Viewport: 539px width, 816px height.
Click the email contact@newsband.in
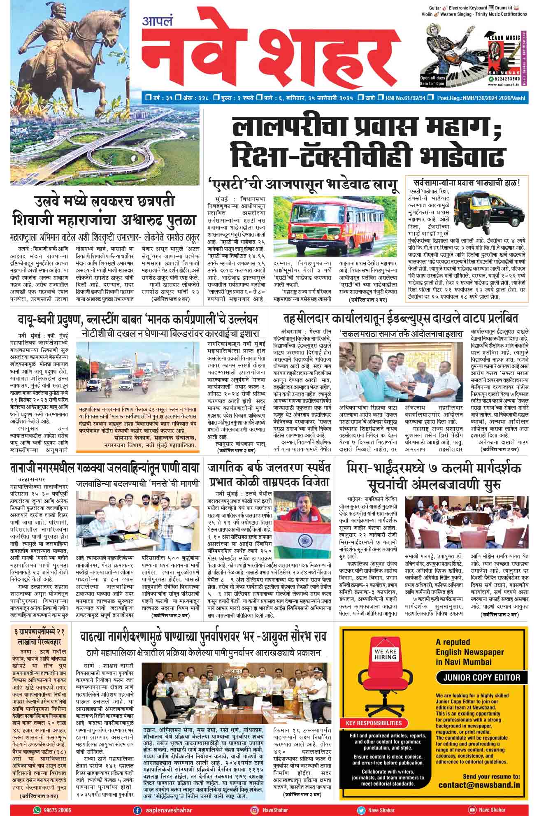[x=479, y=785]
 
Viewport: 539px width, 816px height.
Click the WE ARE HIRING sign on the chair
[x=386, y=654]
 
